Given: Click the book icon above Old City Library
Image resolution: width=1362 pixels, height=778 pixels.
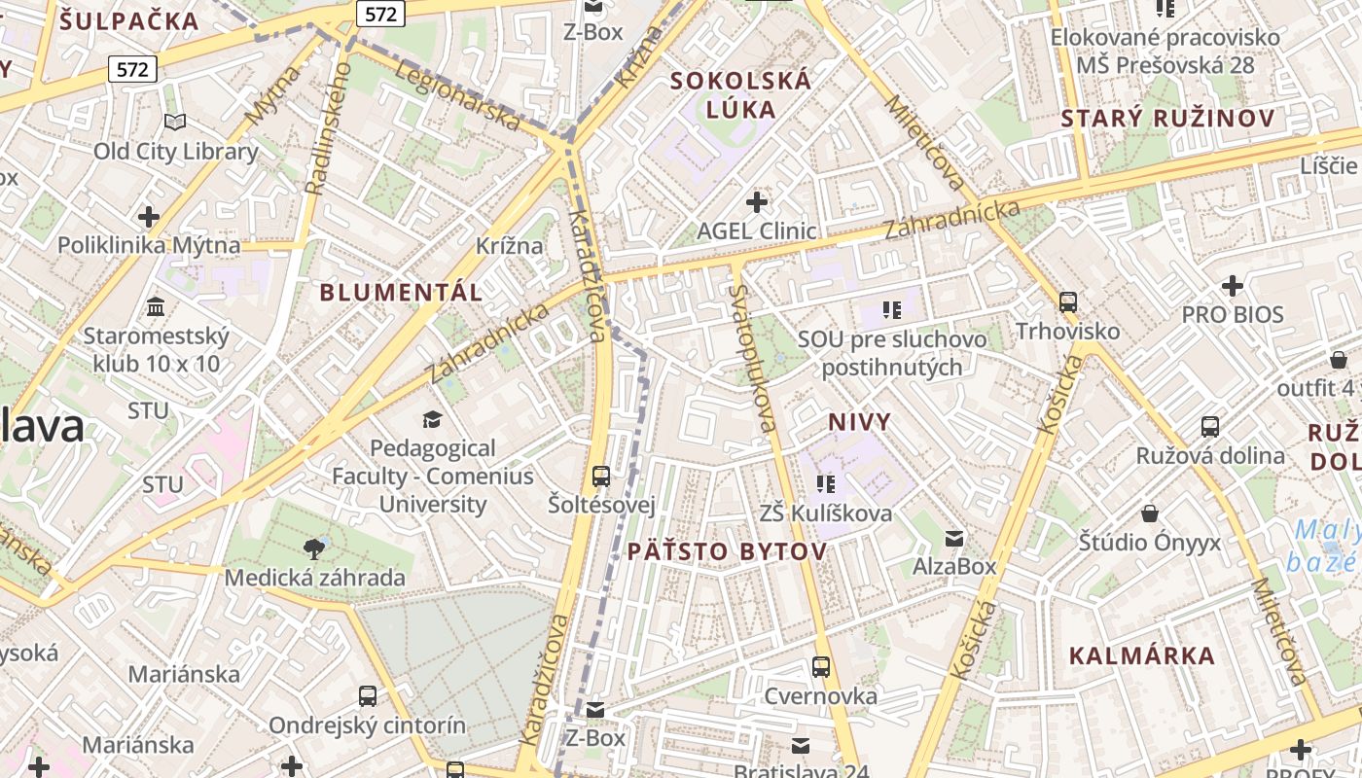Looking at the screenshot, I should pos(175,122).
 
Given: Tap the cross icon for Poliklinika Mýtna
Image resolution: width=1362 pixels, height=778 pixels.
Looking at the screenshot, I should pos(149,216).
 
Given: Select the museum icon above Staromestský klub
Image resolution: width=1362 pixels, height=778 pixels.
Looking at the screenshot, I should pos(155,307).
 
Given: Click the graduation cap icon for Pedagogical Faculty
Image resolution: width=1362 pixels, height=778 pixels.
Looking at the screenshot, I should pos(432,419).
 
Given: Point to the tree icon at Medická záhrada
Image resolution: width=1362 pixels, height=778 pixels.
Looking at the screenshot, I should pos(314,548).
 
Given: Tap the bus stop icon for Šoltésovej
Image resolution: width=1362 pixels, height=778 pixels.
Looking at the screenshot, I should pos(601,477).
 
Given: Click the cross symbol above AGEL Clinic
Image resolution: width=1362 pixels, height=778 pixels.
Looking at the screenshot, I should pos(757,202).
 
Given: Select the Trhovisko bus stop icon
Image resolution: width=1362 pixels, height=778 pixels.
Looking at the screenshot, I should pos(1068,301).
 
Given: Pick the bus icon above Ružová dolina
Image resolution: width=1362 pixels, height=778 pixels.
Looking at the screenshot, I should pos(1210,426).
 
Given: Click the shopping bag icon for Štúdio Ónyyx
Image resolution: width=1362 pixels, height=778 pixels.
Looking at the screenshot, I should pos(1150,513).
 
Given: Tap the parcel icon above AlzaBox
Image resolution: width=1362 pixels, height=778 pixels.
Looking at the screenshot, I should pos(954,538).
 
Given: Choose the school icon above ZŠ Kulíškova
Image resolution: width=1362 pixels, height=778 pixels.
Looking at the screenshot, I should pos(826,483).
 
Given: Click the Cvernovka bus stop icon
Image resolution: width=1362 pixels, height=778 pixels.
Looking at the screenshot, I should pos(821,667).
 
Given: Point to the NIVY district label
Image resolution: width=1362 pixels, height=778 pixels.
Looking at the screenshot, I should pos(859,422).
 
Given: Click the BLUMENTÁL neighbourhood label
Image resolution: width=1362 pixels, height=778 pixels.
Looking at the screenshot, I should pos(401,292).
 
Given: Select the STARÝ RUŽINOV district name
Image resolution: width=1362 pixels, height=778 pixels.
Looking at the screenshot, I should pos(1167,119).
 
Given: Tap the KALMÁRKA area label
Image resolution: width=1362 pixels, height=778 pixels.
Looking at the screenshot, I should pos(1142,655).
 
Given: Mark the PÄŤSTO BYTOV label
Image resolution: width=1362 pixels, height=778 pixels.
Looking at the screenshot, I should pos(727,551).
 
